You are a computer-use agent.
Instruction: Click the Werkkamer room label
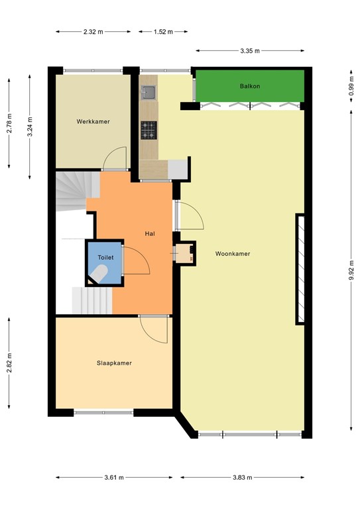[x=93, y=121]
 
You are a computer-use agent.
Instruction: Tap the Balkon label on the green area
[x=249, y=87]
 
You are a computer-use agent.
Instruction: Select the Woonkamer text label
[x=232, y=254]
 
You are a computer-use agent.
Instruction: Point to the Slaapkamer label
[x=114, y=363]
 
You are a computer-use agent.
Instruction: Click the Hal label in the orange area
[x=150, y=233]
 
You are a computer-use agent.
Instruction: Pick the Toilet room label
[x=105, y=257]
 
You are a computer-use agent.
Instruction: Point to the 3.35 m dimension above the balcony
[x=251, y=50]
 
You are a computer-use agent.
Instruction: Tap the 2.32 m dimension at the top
[x=93, y=31]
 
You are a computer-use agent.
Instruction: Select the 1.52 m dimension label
[x=163, y=31]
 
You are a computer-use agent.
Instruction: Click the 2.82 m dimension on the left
[x=9, y=364]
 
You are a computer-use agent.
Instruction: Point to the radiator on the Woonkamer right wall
[x=300, y=269]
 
